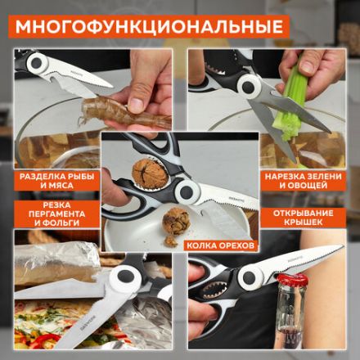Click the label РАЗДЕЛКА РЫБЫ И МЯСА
point(55,179)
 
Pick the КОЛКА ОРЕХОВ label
point(221,244)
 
